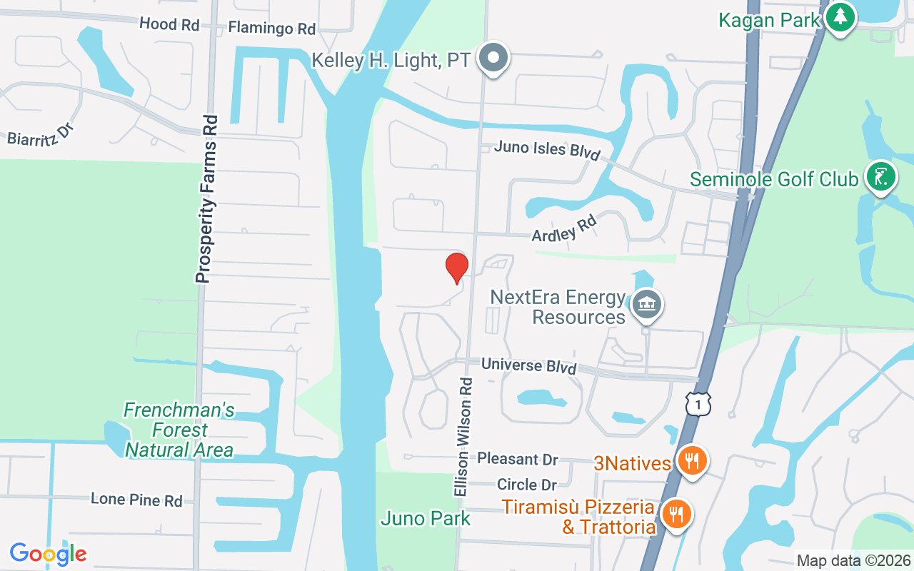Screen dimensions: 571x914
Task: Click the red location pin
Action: (x=456, y=267)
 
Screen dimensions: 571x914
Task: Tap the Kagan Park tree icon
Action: (x=840, y=17)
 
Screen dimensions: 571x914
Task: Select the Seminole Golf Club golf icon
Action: (x=880, y=176)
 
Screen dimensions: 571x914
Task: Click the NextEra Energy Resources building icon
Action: (x=646, y=305)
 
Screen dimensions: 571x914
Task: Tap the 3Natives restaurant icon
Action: (x=690, y=460)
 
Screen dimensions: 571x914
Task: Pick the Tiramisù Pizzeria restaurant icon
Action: (x=676, y=513)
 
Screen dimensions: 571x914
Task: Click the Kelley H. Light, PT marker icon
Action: (x=493, y=58)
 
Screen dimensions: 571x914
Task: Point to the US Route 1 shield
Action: (x=698, y=404)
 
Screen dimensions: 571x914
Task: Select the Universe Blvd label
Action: (x=528, y=365)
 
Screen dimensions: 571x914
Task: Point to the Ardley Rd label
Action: (x=564, y=229)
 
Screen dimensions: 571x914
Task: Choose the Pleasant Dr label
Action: (x=518, y=458)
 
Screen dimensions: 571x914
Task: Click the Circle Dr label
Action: (x=527, y=485)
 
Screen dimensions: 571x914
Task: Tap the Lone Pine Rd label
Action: (x=136, y=500)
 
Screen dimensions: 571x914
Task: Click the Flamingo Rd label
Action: (x=271, y=29)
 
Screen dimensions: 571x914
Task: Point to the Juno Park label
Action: (x=426, y=518)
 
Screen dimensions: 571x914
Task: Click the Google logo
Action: (x=48, y=553)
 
